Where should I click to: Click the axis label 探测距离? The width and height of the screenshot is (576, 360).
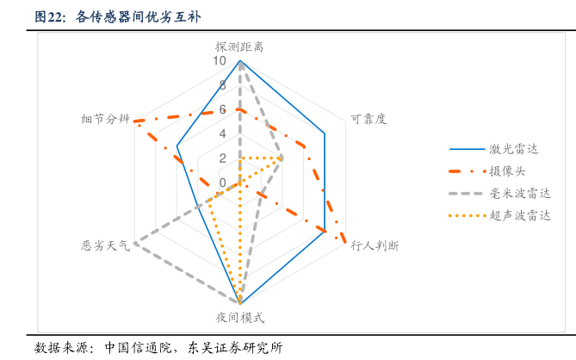click(239, 46)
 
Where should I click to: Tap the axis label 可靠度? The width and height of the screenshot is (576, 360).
click(369, 119)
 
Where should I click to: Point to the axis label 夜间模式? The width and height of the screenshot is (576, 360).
click(239, 317)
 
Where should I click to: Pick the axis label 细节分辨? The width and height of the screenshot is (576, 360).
click(105, 119)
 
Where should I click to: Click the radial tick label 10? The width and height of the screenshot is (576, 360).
click(221, 61)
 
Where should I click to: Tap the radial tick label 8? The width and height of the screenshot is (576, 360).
click(222, 85)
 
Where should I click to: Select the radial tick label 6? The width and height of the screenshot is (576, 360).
click(222, 109)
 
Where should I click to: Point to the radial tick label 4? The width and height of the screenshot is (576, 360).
click(222, 133)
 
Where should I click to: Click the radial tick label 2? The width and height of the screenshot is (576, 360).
click(222, 158)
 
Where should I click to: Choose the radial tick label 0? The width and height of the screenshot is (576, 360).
click(222, 183)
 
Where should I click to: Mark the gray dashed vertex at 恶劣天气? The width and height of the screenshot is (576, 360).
click(135, 243)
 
